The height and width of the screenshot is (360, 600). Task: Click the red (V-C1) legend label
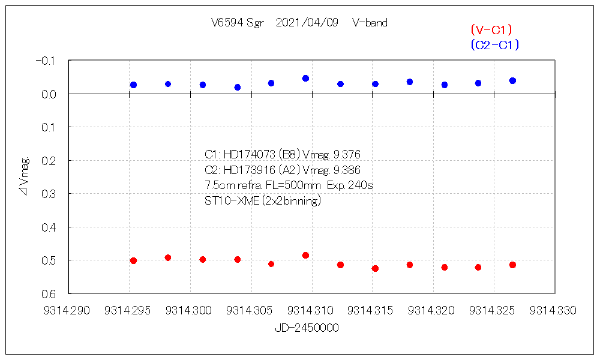coord(491,29)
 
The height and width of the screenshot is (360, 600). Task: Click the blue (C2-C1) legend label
coord(495,44)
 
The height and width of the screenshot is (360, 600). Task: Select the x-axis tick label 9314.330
coord(554,310)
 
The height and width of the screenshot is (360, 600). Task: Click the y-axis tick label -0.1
coord(46,61)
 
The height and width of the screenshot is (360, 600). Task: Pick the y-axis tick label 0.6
coord(48,294)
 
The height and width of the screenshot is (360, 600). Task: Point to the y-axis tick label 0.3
coord(48,194)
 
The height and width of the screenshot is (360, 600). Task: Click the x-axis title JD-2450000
coord(307,328)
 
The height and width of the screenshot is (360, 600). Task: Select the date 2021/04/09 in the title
coord(307,23)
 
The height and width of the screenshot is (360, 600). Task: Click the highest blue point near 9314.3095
coord(305,78)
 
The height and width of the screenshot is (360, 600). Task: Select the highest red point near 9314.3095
coord(305,255)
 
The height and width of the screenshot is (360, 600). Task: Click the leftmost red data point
coord(133,260)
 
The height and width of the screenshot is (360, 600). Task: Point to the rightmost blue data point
coord(512,80)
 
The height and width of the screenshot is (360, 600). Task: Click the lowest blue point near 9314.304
coord(238,87)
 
